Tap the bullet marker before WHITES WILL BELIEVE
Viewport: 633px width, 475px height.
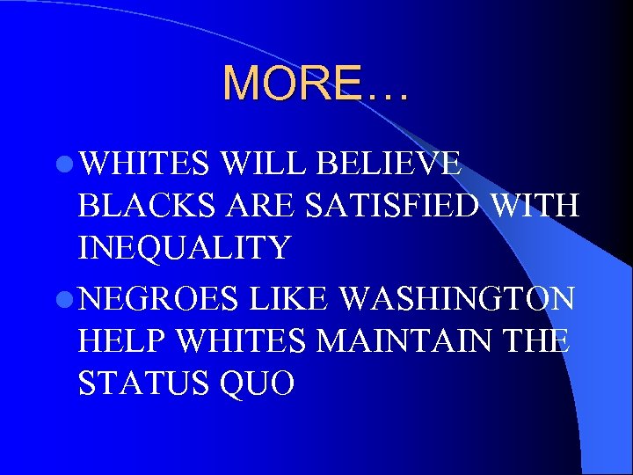[x=65, y=164]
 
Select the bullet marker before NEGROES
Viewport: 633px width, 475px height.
[x=65, y=300]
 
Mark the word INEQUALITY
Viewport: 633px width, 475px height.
[x=184, y=248]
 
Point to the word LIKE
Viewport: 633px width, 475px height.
[x=291, y=300]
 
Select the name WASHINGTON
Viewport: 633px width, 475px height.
[x=457, y=300]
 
